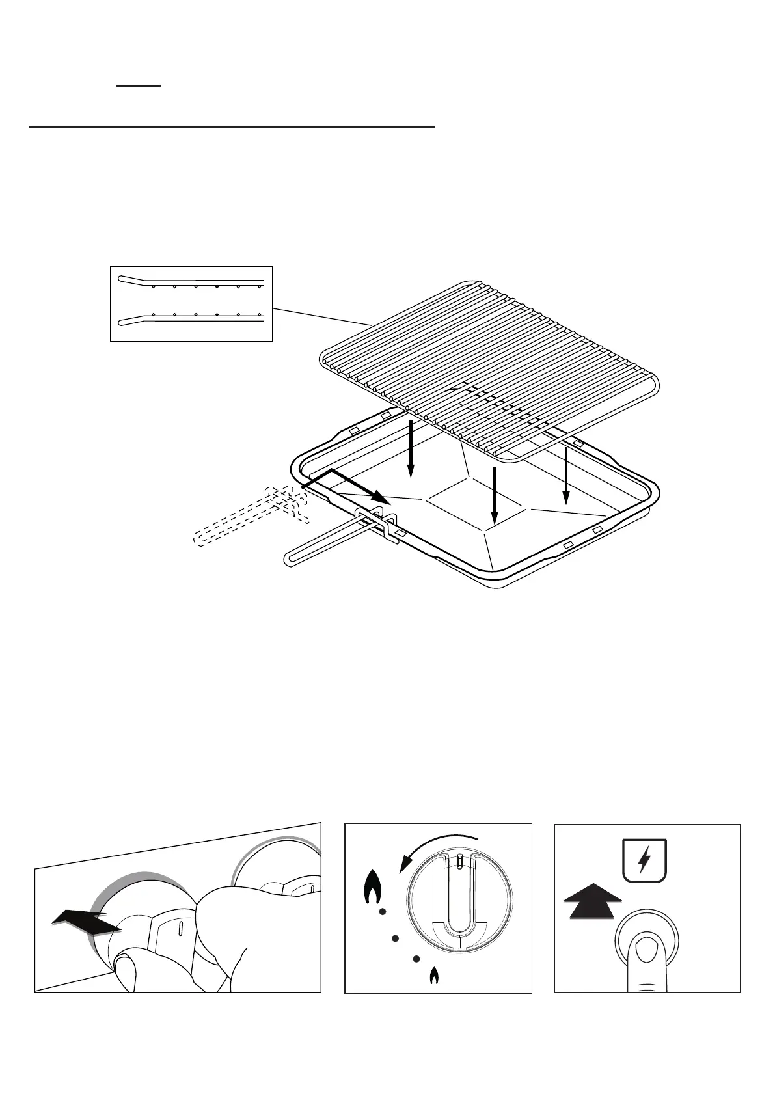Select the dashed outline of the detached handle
247,517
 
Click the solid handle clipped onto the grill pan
325,543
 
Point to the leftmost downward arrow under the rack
411,449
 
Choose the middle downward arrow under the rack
495,495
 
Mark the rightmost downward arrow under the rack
566,475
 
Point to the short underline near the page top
139,85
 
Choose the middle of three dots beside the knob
394,938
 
